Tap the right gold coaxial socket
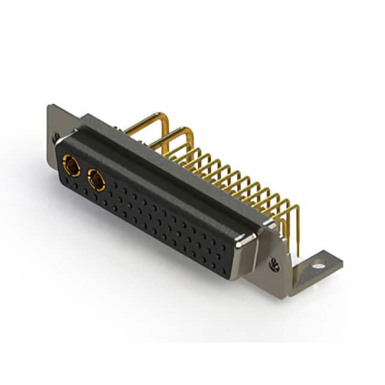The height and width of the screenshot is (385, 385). tap(96, 179)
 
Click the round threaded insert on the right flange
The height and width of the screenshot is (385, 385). tap(274, 263)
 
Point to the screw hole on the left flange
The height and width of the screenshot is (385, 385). tap(56, 137)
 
